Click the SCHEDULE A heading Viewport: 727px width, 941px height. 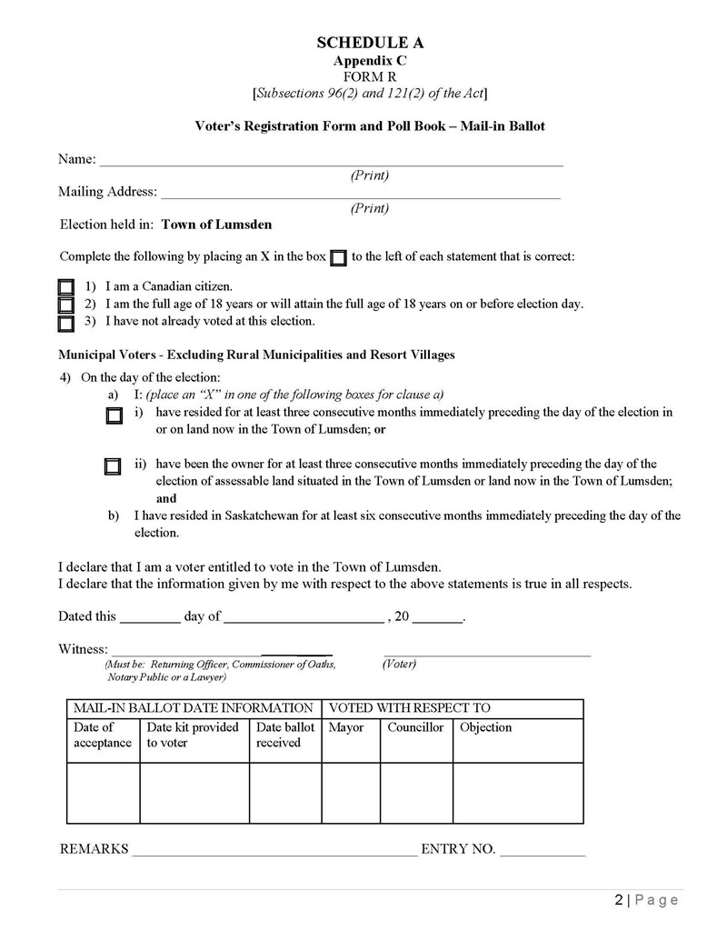370,43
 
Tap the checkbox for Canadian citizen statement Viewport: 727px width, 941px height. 66,287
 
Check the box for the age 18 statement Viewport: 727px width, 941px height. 66,305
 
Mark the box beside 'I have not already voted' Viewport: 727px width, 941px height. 66,323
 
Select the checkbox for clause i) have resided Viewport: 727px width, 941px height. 114,416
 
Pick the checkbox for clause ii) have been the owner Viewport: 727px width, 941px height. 113,467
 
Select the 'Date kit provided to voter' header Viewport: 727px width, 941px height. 193,735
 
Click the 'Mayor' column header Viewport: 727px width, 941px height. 346,727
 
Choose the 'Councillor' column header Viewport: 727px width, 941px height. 415,727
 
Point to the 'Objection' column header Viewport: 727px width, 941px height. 486,727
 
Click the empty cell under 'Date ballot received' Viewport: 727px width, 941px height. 284,793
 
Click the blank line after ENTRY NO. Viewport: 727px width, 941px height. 543,854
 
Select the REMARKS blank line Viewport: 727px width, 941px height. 275,854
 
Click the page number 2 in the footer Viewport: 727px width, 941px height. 619,900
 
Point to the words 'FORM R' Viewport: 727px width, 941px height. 370,76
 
